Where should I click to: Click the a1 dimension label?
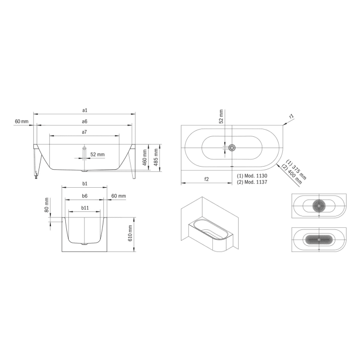tap(84, 110)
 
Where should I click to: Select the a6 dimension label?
tap(84, 121)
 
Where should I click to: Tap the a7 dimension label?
tap(84, 132)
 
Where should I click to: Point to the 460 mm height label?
tap(145, 153)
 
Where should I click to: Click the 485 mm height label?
tap(155, 153)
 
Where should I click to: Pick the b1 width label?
tap(85, 183)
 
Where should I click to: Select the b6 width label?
tap(85, 196)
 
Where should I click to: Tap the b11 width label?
tap(85, 208)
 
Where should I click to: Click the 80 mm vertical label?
tap(46, 205)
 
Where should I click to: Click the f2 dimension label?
tap(206, 179)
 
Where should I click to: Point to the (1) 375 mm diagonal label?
tap(297, 168)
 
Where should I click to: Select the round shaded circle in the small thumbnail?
tap(320, 206)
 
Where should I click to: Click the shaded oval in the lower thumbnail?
tap(319, 239)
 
